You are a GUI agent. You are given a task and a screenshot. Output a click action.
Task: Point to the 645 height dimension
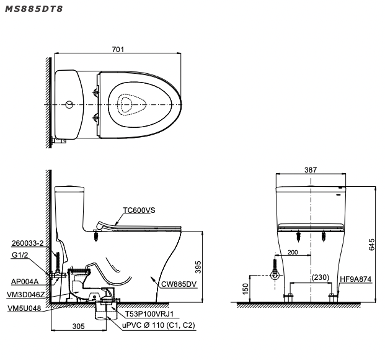(371, 245)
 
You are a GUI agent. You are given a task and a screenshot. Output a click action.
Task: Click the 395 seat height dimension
(199, 267)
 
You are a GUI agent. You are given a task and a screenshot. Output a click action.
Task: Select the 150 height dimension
(246, 289)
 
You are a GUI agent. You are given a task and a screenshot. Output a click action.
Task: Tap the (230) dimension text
(321, 277)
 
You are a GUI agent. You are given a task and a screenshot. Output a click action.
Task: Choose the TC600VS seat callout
(139, 210)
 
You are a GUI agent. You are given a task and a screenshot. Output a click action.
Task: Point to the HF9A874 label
(355, 279)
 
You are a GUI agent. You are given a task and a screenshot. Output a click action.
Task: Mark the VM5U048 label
(25, 308)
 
